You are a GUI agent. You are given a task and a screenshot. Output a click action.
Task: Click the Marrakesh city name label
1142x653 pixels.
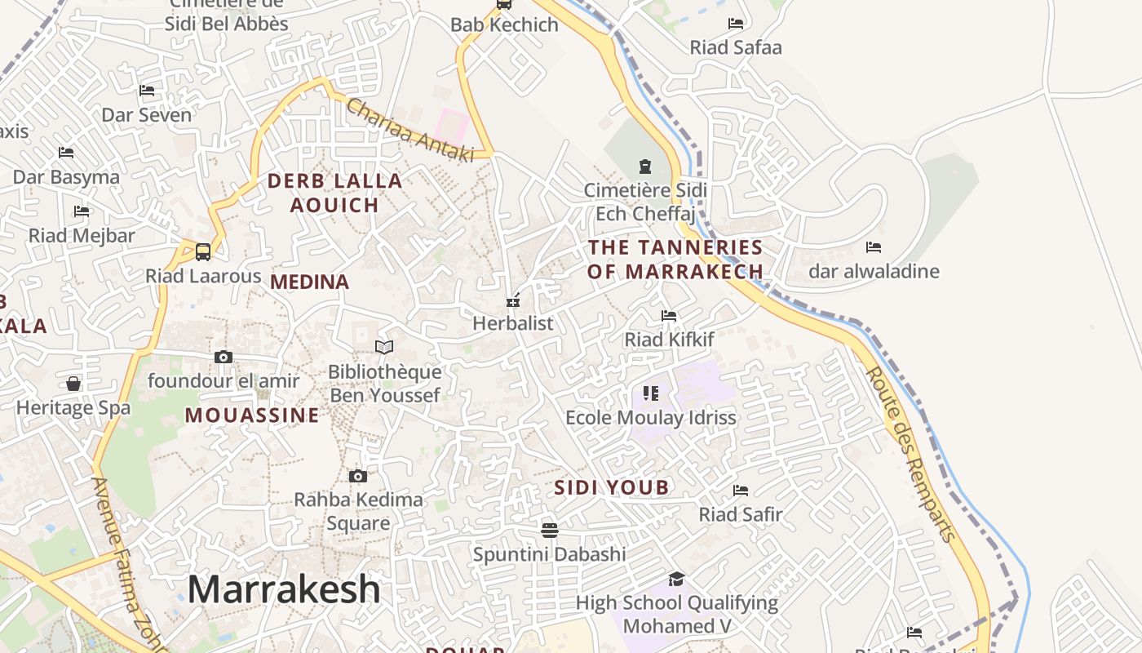284,589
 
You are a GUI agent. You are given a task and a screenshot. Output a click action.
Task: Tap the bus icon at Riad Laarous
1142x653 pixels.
203,252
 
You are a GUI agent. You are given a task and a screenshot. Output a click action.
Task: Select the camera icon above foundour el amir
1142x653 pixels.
224,357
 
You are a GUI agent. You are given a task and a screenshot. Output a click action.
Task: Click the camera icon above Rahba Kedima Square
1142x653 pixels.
357,476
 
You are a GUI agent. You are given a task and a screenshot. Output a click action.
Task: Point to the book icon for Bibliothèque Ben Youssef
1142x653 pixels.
384,347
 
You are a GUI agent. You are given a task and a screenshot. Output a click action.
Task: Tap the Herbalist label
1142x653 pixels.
513,323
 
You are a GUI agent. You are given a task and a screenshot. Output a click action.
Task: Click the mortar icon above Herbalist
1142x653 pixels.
513,300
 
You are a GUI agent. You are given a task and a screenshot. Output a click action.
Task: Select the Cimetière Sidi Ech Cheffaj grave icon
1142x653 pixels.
645,167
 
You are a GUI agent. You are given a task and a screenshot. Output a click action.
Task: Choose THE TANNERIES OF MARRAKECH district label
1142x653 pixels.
675,260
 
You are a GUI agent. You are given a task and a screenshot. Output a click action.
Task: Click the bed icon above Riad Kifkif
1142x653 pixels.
669,315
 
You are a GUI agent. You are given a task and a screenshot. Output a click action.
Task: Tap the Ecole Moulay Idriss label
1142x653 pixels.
651,418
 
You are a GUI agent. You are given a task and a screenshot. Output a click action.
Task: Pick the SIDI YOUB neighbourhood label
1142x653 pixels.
612,488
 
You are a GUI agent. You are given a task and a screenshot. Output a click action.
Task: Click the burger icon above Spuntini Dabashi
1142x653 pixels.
550,531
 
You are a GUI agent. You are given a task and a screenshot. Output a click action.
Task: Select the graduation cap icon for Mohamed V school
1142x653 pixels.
676,580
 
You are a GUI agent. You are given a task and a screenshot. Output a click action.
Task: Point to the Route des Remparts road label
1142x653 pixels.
910,454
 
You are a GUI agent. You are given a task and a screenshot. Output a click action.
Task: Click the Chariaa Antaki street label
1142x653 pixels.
409,130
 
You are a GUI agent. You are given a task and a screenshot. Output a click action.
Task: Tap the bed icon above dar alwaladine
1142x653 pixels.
874,247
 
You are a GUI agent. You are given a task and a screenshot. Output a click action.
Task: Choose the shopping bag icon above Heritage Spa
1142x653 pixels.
73,384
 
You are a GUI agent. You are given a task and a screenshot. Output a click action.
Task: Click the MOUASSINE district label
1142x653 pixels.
252,415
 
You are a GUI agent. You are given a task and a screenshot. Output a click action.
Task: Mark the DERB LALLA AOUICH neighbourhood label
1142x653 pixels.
335,193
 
